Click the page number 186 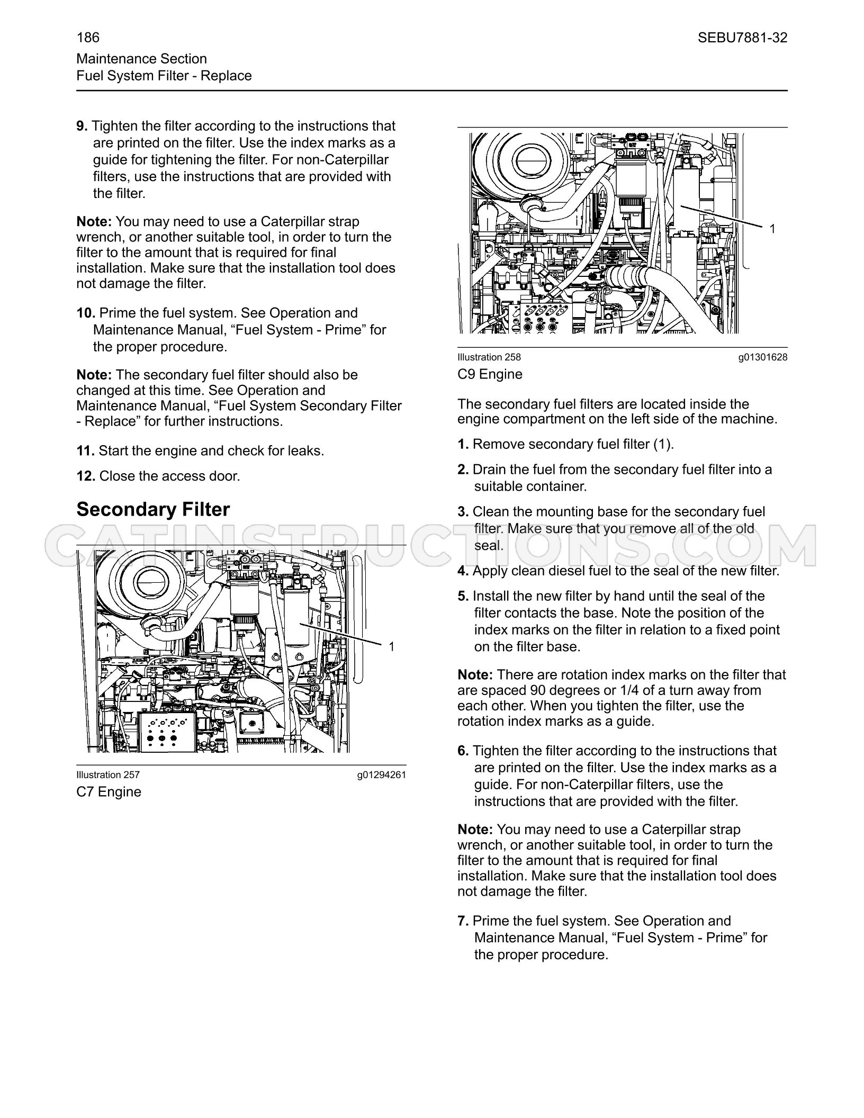88,38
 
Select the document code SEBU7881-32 742,38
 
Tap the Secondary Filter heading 153,509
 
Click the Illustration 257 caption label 108,775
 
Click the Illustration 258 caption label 489,357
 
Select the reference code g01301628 763,358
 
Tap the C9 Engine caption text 490,374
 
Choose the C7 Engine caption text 109,792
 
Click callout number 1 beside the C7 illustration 392,646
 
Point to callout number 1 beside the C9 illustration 772,229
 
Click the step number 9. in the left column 82,126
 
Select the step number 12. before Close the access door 86,476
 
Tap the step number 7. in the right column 463,921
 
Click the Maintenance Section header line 142,59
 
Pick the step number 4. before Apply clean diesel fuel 463,571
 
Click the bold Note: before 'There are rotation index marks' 475,674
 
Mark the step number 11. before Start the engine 86,450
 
